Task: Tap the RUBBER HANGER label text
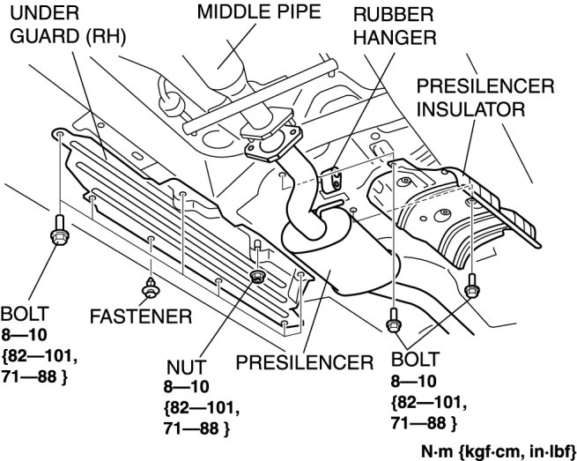click(x=393, y=26)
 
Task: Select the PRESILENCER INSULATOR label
click(x=485, y=99)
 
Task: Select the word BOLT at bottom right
click(x=413, y=362)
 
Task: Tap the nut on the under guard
click(x=257, y=278)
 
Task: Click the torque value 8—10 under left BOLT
click(x=25, y=336)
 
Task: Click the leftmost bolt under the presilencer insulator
click(x=392, y=319)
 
